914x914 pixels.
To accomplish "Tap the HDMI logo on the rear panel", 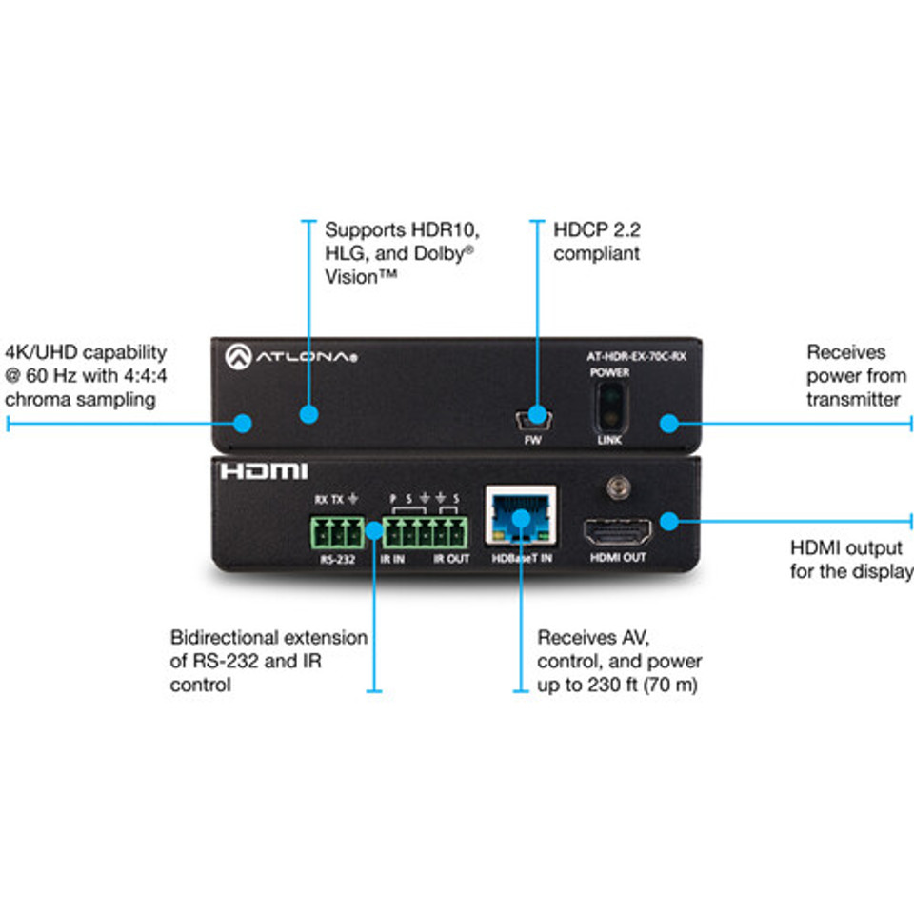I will click(x=264, y=471).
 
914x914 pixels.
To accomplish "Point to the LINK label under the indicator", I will click(x=608, y=441).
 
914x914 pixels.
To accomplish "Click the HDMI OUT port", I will click(x=618, y=528).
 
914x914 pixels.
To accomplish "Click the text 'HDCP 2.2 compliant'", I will click(x=598, y=242).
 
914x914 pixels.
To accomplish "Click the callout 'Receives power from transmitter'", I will click(x=853, y=376).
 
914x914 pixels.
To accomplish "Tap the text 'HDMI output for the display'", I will click(x=850, y=560).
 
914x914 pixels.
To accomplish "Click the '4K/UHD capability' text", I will click(x=86, y=352).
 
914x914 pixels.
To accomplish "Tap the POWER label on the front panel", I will click(x=608, y=373).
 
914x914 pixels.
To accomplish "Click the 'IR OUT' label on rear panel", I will click(x=451, y=559).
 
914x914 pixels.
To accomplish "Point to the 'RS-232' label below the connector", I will click(x=335, y=559).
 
